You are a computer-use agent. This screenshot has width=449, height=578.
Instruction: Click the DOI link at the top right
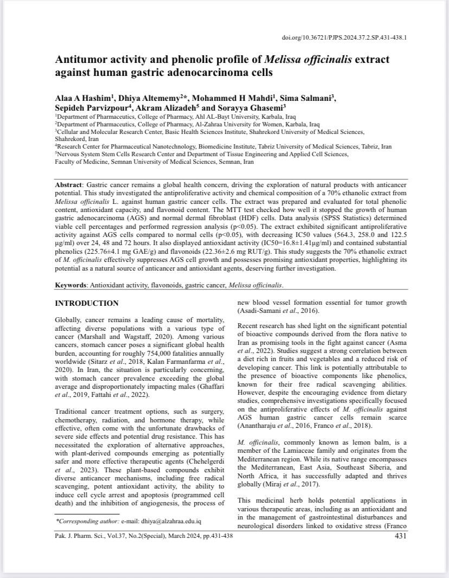click(344, 38)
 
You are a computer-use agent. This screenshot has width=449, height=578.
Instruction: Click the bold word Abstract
click(68, 185)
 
